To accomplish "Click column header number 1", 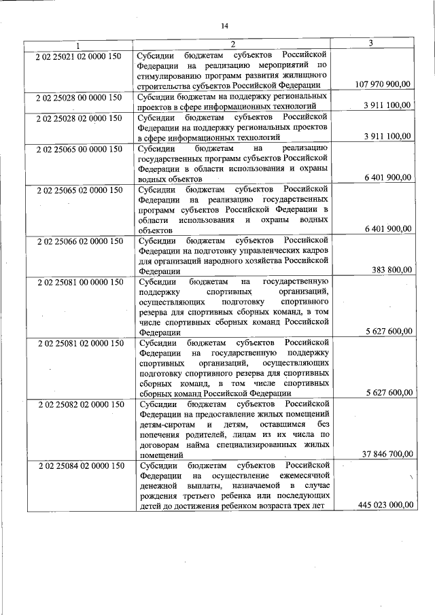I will (78, 46).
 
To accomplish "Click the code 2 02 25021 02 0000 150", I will (79, 55).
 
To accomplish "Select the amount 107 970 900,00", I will (383, 84).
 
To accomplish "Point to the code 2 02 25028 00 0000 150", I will (79, 97).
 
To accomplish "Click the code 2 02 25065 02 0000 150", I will (79, 188).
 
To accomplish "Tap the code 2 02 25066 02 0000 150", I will (79, 241).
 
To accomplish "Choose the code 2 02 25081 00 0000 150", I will (79, 281).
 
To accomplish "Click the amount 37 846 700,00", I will (386, 454).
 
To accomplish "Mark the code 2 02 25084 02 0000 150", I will (79, 465).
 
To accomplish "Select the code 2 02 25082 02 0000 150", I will (79, 404).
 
